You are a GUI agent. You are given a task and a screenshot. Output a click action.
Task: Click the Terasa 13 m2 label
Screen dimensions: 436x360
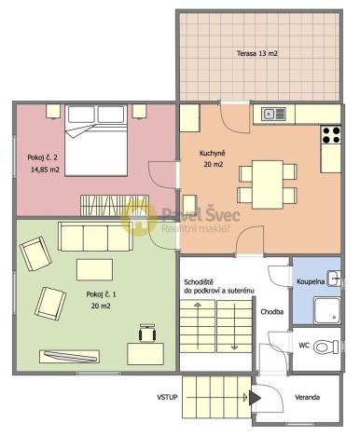click(257, 54)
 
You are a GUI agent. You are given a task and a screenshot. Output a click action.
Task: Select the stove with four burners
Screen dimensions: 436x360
click(331, 135)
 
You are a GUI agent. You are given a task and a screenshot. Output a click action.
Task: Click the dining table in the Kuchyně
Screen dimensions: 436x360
click(263, 181)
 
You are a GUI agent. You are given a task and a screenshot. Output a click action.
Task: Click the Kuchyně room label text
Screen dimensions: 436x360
click(212, 153)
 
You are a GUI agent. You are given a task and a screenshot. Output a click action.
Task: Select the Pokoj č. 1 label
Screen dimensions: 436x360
click(101, 295)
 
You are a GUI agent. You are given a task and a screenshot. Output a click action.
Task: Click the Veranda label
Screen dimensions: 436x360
click(308, 398)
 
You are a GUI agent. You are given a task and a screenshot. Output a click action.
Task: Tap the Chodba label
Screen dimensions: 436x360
click(272, 311)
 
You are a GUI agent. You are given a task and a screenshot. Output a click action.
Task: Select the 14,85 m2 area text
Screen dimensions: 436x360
click(44, 170)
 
